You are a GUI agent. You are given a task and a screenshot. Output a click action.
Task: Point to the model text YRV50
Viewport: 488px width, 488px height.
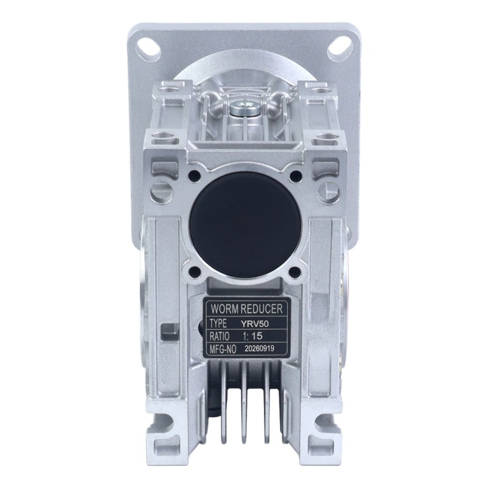(254, 324)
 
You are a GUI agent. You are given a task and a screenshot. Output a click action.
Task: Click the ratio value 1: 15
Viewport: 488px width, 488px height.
(252, 336)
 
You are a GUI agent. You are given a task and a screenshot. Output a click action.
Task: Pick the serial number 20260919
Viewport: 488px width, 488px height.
(259, 348)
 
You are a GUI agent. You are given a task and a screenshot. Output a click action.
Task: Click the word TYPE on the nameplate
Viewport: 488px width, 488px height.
(218, 324)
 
